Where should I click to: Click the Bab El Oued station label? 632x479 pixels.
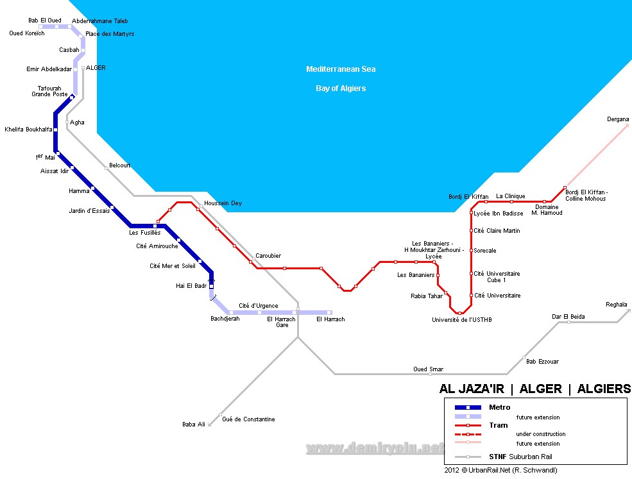45,21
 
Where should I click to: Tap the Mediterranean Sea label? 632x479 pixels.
341,69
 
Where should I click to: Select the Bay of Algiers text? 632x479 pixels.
341,88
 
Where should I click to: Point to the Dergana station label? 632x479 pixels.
618,119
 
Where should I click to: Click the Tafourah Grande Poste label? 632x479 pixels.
49,92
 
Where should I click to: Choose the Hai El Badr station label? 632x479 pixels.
191,286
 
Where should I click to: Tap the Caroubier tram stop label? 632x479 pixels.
268,256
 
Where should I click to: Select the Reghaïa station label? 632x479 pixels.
616,305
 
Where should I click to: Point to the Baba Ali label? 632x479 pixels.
194,424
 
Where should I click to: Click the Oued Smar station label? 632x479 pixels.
428,369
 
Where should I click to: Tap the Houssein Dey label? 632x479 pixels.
223,203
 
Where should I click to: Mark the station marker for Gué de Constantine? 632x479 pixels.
220,414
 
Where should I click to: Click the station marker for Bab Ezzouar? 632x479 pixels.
524,357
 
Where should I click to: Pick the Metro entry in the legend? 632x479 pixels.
499,407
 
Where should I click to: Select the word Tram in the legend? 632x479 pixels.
498,425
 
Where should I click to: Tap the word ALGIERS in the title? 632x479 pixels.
604,389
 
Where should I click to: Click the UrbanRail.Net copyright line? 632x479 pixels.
500,471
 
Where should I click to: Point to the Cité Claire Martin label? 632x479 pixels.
497,231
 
